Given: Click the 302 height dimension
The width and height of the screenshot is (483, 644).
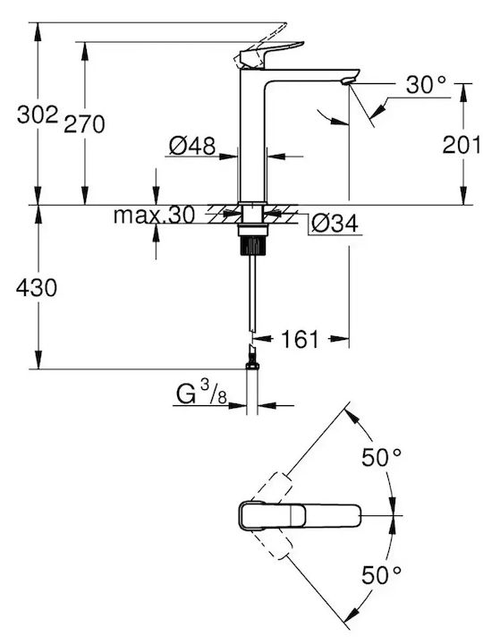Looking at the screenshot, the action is pyautogui.click(x=38, y=114).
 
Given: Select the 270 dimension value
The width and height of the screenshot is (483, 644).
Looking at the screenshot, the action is pyautogui.click(x=84, y=124).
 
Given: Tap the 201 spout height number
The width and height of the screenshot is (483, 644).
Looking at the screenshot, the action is pyautogui.click(x=461, y=145).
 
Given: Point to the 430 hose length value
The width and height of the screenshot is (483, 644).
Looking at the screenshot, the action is pyautogui.click(x=37, y=287).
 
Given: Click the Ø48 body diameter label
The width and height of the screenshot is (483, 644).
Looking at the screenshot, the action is pyautogui.click(x=192, y=146).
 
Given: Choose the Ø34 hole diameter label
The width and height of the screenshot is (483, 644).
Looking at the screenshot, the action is pyautogui.click(x=335, y=224).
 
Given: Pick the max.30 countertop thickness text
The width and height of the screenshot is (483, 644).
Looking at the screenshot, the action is pyautogui.click(x=154, y=215).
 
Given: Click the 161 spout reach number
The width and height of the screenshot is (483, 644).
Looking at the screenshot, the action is pyautogui.click(x=300, y=339).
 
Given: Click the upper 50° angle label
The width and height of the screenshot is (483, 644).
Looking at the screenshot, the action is pyautogui.click(x=381, y=458).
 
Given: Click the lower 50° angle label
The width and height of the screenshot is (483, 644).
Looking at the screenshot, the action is pyautogui.click(x=381, y=575).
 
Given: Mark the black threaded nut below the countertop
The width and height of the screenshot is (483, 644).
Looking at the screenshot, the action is pyautogui.click(x=253, y=246).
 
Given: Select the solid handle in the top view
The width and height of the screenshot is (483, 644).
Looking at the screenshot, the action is pyautogui.click(x=300, y=515).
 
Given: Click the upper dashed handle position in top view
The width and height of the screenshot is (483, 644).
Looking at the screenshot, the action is pyautogui.click(x=272, y=489).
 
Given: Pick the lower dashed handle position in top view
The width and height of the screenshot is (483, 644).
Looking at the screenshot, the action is pyautogui.click(x=272, y=542).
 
